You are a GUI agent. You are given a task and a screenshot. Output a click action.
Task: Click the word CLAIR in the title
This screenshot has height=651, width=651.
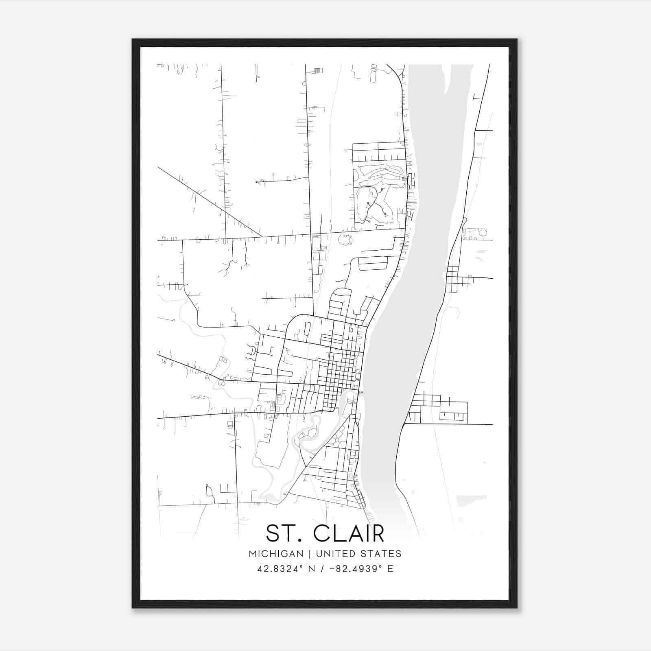pyautogui.click(x=349, y=533)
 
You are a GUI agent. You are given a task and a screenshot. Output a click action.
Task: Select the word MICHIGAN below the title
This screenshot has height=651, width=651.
pyautogui.click(x=276, y=554)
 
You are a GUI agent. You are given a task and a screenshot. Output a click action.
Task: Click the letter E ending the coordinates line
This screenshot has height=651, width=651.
pyautogui.click(x=391, y=568)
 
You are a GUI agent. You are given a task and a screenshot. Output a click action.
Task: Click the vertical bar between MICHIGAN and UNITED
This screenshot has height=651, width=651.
pyautogui.click(x=310, y=554)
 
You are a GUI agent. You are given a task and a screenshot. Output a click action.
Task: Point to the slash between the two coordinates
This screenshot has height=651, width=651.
pyautogui.click(x=323, y=568)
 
